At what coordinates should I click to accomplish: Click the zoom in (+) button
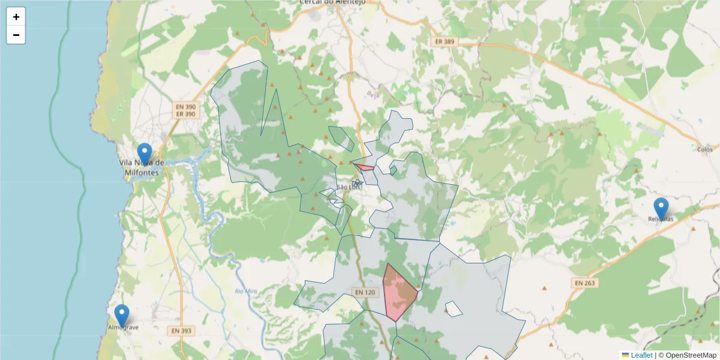pyautogui.click(x=16, y=17)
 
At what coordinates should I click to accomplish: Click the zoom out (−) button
pyautogui.click(x=16, y=35)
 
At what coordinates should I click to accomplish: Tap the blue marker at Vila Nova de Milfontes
pyautogui.click(x=145, y=154)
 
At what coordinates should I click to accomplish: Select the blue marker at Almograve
pyautogui.click(x=122, y=315)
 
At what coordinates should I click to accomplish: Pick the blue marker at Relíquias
pyautogui.click(x=661, y=209)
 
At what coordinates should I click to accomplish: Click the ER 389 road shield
pyautogui.click(x=445, y=42)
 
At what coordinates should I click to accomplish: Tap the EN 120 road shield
pyautogui.click(x=364, y=292)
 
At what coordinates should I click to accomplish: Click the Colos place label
pyautogui.click(x=705, y=149)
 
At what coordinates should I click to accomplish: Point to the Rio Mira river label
pyautogui.click(x=247, y=292)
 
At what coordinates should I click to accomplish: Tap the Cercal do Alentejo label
pyautogui.click(x=340, y=2)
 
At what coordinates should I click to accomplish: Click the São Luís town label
pyautogui.click(x=350, y=187)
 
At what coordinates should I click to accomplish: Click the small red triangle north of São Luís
pyautogui.click(x=364, y=167)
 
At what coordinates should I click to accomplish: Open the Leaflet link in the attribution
pyautogui.click(x=641, y=355)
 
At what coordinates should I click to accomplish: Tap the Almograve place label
pyautogui.click(x=124, y=328)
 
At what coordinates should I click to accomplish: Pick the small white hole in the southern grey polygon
pyautogui.click(x=454, y=309)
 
